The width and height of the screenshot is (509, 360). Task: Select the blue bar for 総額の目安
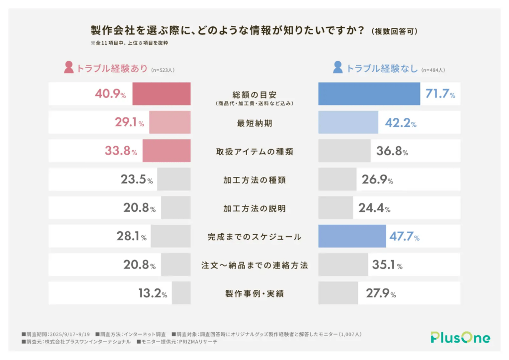[369, 94]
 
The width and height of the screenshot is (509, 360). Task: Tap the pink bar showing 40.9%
[161, 94]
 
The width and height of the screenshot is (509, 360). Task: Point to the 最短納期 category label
[254, 123]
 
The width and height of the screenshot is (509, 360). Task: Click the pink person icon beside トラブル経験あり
[69, 68]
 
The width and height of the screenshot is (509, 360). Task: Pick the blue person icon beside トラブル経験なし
[338, 68]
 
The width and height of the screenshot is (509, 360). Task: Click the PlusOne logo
[460, 338]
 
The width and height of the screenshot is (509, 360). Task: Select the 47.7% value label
[404, 237]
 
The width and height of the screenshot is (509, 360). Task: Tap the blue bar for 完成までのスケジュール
[352, 237]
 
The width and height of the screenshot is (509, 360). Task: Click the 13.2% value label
[153, 293]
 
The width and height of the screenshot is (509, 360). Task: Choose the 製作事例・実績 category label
[254, 293]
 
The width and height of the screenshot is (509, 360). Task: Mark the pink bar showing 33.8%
[166, 151]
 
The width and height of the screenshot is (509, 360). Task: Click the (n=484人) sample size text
[432, 70]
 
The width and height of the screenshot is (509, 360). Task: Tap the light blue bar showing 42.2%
[348, 123]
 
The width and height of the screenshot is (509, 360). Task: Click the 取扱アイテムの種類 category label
[254, 151]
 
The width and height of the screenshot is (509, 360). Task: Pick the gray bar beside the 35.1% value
[342, 265]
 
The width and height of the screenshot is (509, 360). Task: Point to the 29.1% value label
[129, 123]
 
